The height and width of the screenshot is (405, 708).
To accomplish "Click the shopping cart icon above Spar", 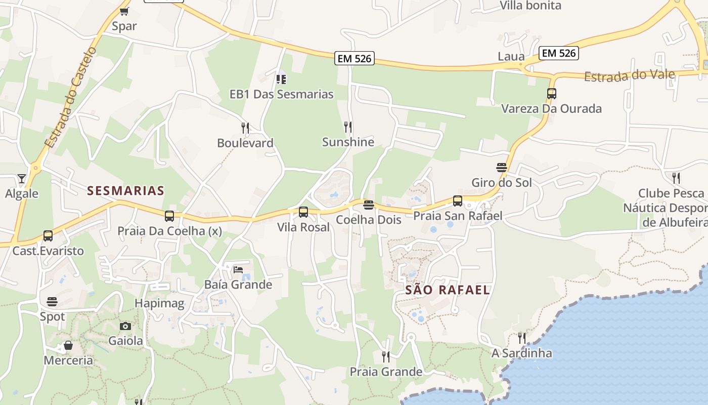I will [x=124, y=11].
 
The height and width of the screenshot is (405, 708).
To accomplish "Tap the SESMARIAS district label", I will [x=125, y=190].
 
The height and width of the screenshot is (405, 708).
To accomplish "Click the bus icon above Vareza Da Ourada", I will [x=551, y=94].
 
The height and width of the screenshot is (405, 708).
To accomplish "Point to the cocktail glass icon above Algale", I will [x=21, y=178].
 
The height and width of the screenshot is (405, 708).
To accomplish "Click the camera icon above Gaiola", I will [x=125, y=326].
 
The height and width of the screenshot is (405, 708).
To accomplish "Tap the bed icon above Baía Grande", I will [x=238, y=270].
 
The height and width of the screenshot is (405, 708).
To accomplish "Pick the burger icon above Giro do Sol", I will [x=502, y=168].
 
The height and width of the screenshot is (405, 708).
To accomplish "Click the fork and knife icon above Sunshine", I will [x=348, y=127].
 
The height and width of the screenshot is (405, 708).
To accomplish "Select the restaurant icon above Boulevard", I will [x=245, y=128].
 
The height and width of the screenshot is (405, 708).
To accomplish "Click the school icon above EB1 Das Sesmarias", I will [x=281, y=79].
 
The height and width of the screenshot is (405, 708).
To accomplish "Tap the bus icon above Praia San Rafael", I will [x=458, y=201].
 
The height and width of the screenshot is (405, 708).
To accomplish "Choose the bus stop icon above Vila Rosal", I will [x=303, y=212].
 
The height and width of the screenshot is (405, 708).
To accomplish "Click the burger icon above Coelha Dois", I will [x=369, y=205].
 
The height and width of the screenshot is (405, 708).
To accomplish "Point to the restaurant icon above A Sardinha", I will [x=522, y=338].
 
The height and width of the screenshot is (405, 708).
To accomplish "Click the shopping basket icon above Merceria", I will [x=68, y=346].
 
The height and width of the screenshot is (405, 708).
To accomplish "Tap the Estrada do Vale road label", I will [x=629, y=76].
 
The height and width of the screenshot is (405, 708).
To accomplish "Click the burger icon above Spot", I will [x=52, y=302].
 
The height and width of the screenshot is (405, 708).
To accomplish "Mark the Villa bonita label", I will [x=530, y=6].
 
